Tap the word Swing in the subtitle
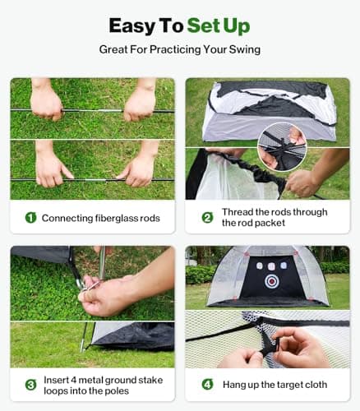[242, 49]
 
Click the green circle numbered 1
[30, 218]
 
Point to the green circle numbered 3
[30, 384]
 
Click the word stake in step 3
[146, 378]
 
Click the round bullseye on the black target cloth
[272, 281]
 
